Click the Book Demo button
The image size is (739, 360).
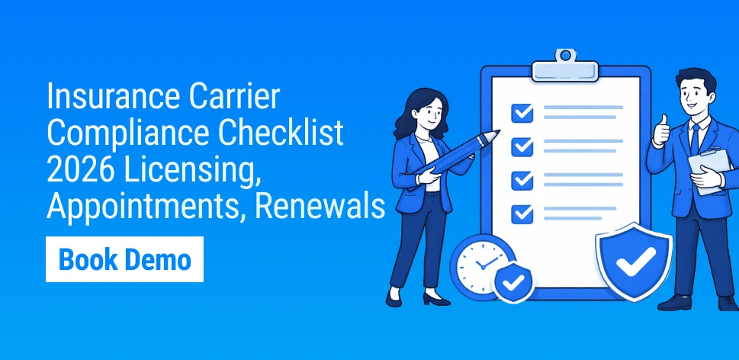coord(124,259)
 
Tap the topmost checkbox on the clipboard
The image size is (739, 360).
coord(522,113)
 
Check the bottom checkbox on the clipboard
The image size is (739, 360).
coord(522,211)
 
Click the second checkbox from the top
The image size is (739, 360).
coord(522,146)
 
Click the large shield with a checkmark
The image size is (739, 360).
coord(634,260)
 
